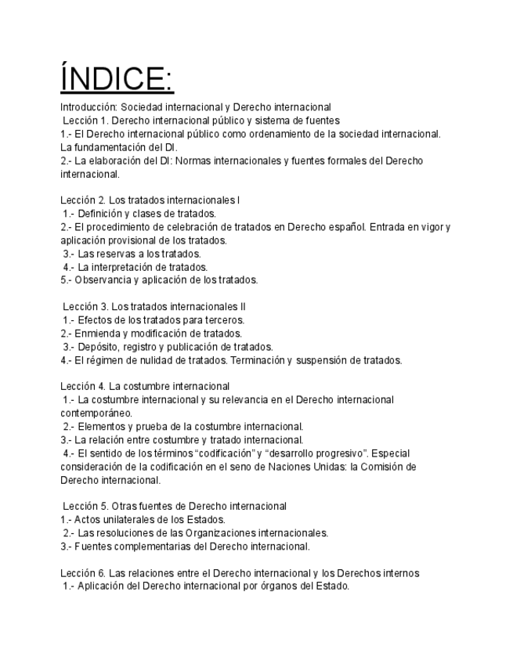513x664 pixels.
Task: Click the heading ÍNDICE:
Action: click(117, 78)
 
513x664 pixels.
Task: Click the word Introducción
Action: click(87, 107)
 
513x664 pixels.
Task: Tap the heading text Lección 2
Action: click(82, 200)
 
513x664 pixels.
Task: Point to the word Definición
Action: click(101, 214)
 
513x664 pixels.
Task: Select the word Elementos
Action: click(101, 427)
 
